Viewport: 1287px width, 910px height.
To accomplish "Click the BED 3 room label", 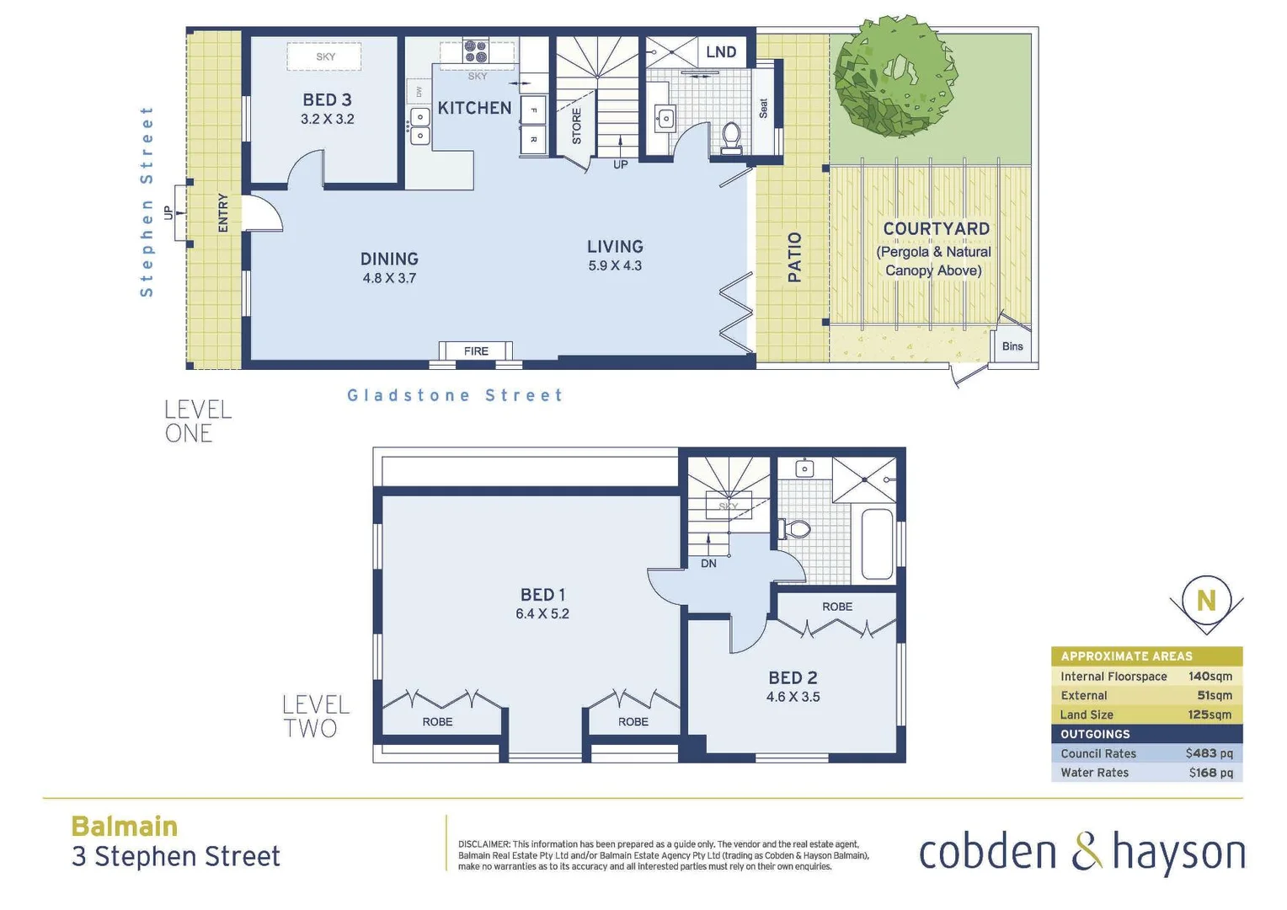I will coord(327,100).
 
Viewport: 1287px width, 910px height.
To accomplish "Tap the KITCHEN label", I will coord(474,108).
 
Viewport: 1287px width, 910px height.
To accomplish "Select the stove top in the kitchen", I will coord(476,51).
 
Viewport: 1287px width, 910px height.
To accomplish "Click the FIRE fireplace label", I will coord(476,351).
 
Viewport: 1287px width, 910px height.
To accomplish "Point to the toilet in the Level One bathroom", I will coord(731,137).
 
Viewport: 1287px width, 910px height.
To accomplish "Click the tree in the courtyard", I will coord(895,77).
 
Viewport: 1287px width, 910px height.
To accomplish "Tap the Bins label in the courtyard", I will coord(1012,346).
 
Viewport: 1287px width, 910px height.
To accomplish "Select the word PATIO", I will coord(794,257).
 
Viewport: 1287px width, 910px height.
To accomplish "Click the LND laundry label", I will coord(721,52).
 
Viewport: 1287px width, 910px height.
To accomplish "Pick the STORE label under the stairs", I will coord(577,126).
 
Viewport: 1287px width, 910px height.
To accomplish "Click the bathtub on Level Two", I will coord(877,543).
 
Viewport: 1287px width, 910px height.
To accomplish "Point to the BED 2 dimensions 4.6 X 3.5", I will coord(793,697).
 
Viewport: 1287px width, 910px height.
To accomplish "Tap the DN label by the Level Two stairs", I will coord(708,563).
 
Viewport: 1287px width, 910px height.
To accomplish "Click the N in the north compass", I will coord(1206,600).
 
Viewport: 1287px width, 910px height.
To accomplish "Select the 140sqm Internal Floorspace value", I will coord(1210,677).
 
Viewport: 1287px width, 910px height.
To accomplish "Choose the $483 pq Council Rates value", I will coord(1209,753).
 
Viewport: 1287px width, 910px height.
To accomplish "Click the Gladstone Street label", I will coord(455,395).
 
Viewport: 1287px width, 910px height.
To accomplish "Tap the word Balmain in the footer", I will coord(125,827).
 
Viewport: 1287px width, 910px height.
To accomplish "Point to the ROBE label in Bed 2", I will coord(837,607).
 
